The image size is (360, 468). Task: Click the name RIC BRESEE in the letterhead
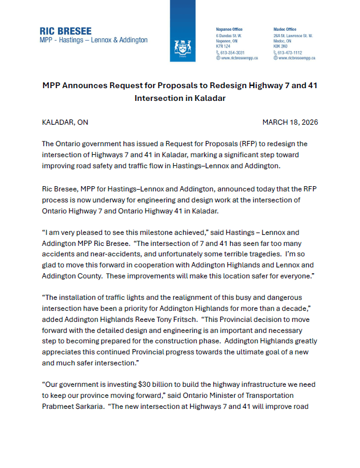click(x=66, y=31)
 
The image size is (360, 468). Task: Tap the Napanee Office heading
click(x=229, y=29)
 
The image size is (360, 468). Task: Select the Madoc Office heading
click(x=285, y=29)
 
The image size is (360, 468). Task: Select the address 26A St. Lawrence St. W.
click(x=296, y=35)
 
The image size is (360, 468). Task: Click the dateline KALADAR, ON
click(x=66, y=122)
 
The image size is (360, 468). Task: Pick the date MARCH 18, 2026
click(x=290, y=122)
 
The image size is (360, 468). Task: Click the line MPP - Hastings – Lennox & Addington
click(x=93, y=40)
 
